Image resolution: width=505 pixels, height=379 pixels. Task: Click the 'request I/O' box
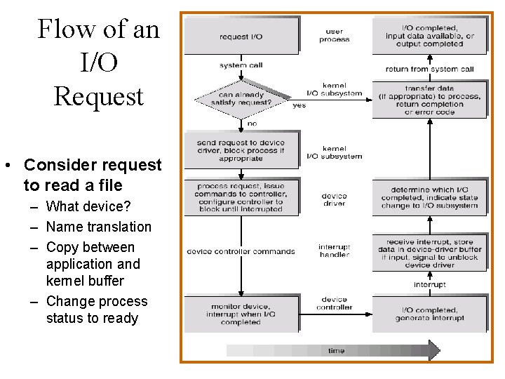tap(242, 36)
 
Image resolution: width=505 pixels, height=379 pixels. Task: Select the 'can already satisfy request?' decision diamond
tap(242, 99)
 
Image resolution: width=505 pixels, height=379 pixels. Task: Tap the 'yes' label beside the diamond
tap(299, 105)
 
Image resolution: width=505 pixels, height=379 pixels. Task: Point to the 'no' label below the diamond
tap(252, 124)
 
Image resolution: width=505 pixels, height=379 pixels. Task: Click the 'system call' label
tap(242, 65)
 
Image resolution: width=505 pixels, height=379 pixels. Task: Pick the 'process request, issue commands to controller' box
tap(242, 197)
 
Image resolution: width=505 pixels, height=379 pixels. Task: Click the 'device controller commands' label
tap(241, 252)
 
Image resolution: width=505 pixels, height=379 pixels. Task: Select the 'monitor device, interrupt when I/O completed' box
tap(242, 314)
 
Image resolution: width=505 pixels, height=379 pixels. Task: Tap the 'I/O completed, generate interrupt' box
tap(429, 314)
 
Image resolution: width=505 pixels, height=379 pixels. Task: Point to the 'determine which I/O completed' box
tap(429, 197)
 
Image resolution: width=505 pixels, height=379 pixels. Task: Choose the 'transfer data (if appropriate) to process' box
tap(429, 100)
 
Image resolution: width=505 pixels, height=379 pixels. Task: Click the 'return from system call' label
tap(429, 69)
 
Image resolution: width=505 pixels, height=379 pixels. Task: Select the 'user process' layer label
tap(335, 36)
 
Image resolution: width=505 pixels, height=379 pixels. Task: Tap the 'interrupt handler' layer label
tap(335, 251)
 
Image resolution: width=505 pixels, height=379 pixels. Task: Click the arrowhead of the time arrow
tap(433, 350)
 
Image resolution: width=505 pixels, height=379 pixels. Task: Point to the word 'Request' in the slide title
tap(98, 96)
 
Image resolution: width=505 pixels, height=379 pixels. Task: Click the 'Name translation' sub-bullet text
tap(98, 227)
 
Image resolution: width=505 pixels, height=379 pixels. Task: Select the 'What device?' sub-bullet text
tap(88, 206)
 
